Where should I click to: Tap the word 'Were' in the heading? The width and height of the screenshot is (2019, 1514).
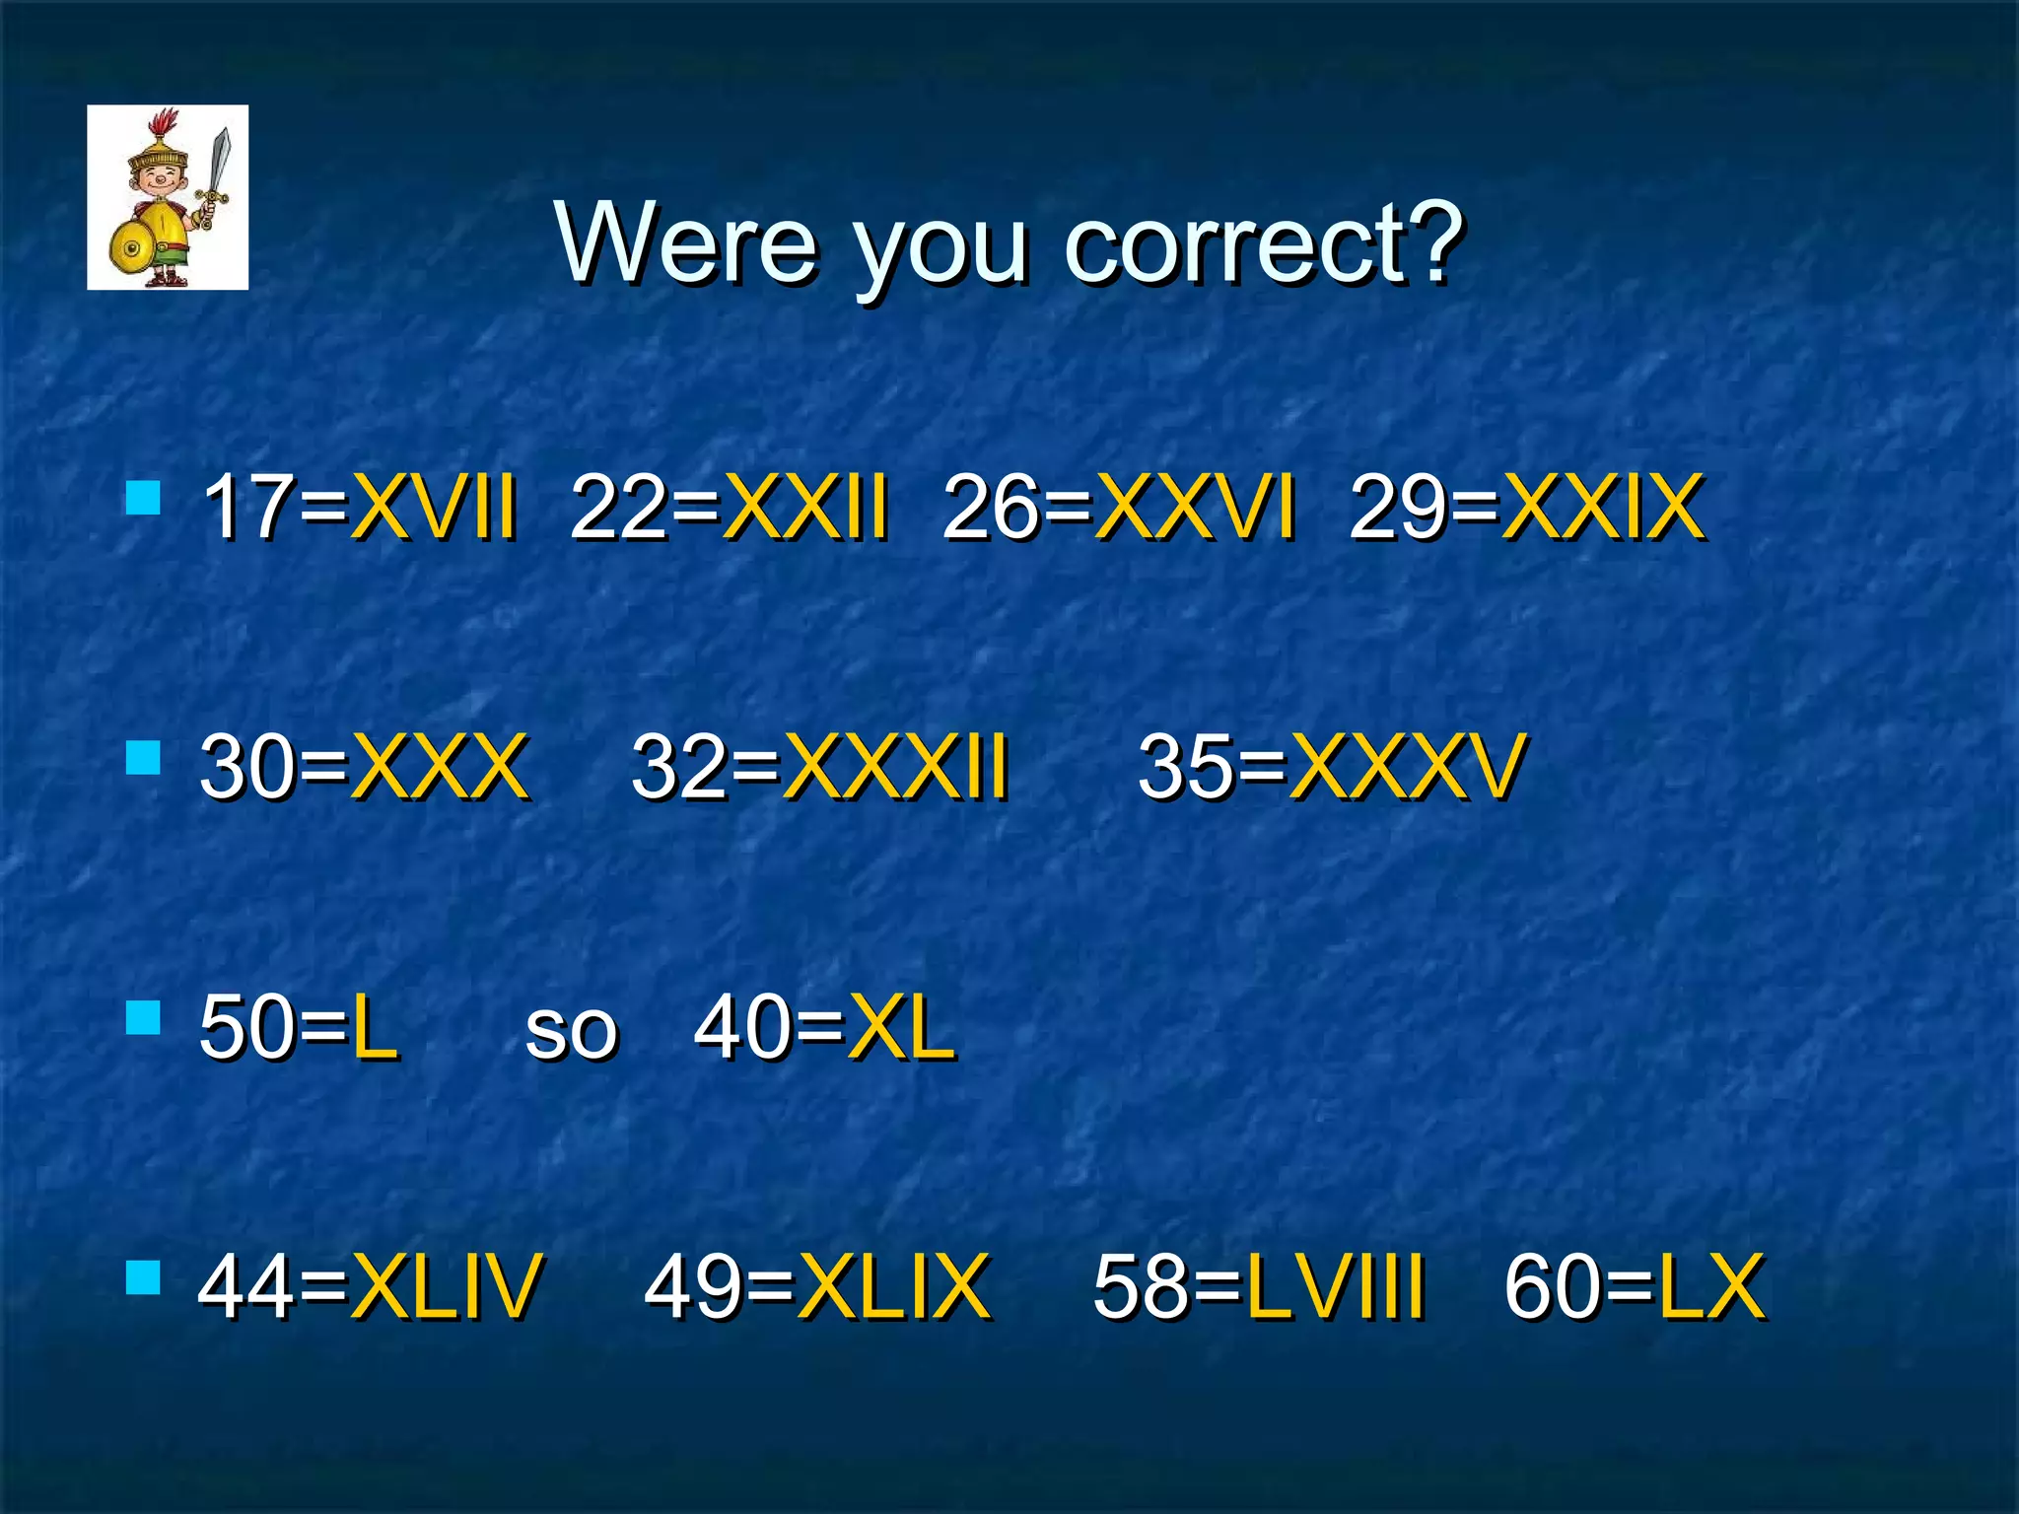[686, 242]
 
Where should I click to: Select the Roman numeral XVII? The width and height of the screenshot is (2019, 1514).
[434, 507]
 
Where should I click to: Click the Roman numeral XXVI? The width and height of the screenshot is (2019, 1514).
[1195, 507]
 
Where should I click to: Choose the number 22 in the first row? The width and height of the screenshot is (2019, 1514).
[617, 507]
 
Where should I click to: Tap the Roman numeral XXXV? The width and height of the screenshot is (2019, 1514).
[1408, 767]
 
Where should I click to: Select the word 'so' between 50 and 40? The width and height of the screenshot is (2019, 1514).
[571, 1031]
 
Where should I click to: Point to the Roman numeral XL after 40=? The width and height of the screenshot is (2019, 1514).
[902, 1027]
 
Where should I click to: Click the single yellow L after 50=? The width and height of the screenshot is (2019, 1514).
[375, 1027]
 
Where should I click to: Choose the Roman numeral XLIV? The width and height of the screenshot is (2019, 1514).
[446, 1285]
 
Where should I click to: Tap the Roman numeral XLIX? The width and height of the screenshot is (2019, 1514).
[893, 1285]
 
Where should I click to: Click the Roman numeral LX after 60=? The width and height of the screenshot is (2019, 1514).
[1711, 1285]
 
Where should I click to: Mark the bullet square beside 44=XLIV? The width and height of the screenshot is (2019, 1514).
[144, 1277]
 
